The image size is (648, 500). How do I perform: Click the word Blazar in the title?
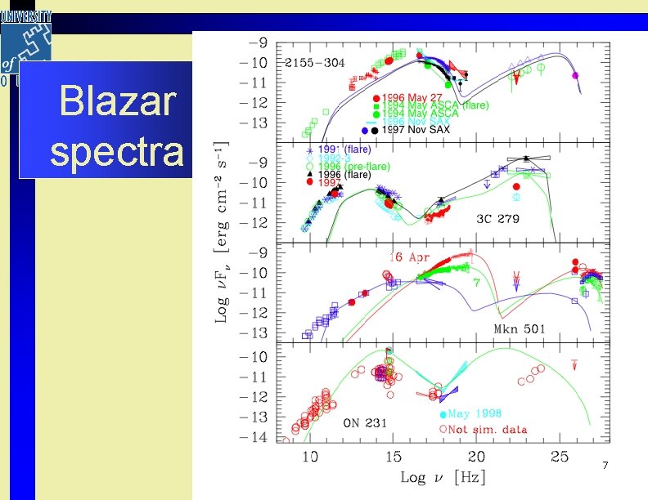(118, 102)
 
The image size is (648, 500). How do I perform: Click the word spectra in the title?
(117, 150)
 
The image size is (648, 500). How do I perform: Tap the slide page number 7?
(605, 465)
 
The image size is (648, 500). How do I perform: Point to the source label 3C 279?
(497, 219)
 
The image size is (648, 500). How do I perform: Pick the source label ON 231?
(365, 422)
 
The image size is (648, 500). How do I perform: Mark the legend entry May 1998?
(475, 413)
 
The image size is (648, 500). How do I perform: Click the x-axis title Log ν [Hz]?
(439, 477)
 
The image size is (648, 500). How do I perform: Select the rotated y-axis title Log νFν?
(222, 278)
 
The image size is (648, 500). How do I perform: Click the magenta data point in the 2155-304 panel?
(575, 75)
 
